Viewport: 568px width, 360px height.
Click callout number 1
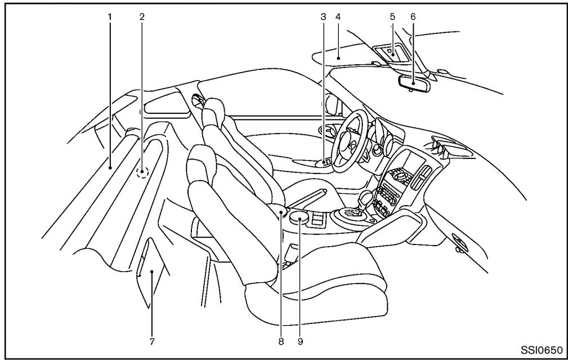pyautogui.click(x=110, y=17)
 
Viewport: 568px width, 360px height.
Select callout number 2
pyautogui.click(x=142, y=17)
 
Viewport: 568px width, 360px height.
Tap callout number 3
pyautogui.click(x=323, y=17)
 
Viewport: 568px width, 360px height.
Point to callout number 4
pyautogui.click(x=338, y=17)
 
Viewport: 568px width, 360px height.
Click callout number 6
pyautogui.click(x=413, y=17)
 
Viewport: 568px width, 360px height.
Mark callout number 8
pyautogui.click(x=280, y=340)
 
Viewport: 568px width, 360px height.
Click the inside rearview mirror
pyautogui.click(x=414, y=82)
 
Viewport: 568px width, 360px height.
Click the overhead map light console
pyautogui.click(x=391, y=56)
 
